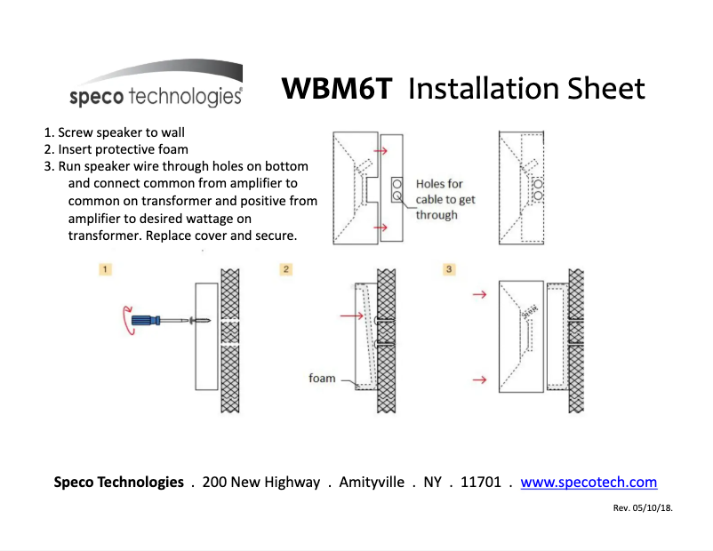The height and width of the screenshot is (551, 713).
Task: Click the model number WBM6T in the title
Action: [335, 89]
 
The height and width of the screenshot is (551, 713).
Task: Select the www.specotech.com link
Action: [589, 483]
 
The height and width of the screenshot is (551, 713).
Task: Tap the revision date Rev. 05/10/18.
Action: [643, 508]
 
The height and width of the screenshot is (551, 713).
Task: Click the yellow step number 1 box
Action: [105, 268]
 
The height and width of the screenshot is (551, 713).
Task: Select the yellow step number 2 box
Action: [286, 268]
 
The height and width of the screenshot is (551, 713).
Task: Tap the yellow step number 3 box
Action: [449, 268]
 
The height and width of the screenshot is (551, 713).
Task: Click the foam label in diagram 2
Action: [322, 378]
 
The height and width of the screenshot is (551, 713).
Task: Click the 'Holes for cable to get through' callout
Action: [445, 199]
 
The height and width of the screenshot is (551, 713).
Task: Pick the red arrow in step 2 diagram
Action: [352, 315]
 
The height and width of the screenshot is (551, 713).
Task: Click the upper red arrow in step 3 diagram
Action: [479, 292]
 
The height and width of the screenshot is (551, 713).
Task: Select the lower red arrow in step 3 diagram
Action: [479, 379]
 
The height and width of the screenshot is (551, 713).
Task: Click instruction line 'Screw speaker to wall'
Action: [121, 132]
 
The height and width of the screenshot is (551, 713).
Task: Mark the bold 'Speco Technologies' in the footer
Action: [118, 483]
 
